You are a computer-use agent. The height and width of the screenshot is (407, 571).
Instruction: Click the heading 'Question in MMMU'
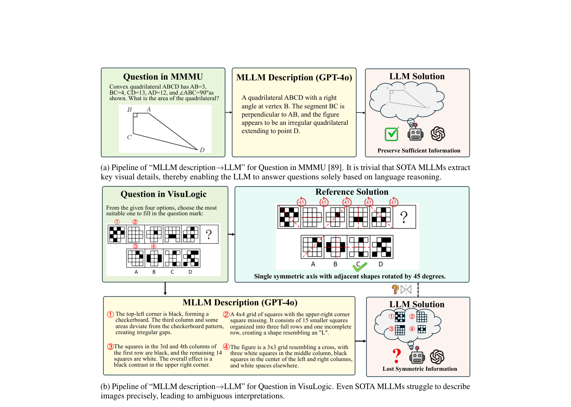pyautogui.click(x=163, y=77)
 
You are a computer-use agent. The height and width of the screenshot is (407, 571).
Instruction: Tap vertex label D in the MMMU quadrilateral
pyautogui.click(x=202, y=150)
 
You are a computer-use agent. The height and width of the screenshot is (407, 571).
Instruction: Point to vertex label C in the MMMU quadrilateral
pyautogui.click(x=129, y=137)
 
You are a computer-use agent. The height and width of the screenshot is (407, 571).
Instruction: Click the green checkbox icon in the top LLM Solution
pyautogui.click(x=391, y=134)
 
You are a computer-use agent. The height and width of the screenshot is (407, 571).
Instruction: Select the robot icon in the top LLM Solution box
pyautogui.click(x=415, y=132)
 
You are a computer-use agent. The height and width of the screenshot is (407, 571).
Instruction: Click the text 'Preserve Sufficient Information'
pyautogui.click(x=419, y=151)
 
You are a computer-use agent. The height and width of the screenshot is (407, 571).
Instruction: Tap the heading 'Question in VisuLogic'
pyautogui.click(x=163, y=194)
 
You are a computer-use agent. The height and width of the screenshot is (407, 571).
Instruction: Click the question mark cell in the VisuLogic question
pyautogui.click(x=209, y=234)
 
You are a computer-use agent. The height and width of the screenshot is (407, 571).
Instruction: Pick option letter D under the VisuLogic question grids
pyautogui.click(x=190, y=272)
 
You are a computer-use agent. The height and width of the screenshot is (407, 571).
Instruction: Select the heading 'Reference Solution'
pyautogui.click(x=352, y=192)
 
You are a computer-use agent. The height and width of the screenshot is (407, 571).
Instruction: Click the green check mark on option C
pyautogui.click(x=360, y=266)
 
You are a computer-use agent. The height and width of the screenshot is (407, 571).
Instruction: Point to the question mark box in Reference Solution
pyautogui.click(x=404, y=217)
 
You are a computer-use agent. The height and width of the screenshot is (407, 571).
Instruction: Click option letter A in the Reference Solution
pyautogui.click(x=313, y=264)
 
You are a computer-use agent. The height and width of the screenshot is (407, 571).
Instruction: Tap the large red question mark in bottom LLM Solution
pyautogui.click(x=397, y=356)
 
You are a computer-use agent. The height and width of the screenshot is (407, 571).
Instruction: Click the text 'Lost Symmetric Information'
pyautogui.click(x=419, y=369)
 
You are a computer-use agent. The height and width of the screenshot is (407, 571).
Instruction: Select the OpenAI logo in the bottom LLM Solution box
pyautogui.click(x=437, y=357)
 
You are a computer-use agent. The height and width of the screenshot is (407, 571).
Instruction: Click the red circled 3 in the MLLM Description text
pyautogui.click(x=110, y=347)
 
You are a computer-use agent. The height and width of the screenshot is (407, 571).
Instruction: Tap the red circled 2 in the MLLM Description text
pyautogui.click(x=226, y=314)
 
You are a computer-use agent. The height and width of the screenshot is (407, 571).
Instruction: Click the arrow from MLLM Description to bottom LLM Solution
pyautogui.click(x=361, y=341)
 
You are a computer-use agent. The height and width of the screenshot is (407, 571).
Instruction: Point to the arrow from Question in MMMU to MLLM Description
pyautogui.click(x=228, y=112)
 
